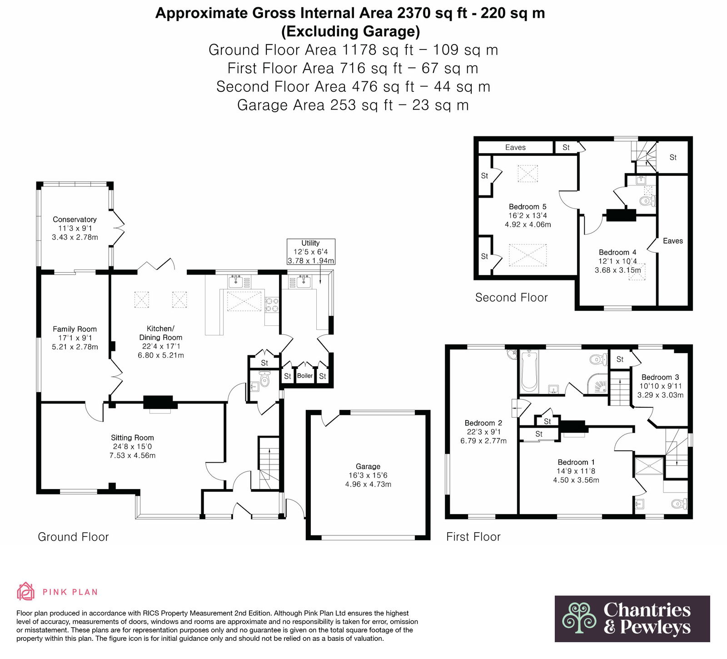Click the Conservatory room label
point(75,220)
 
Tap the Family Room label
point(75,329)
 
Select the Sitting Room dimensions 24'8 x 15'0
point(132,447)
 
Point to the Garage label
point(368,466)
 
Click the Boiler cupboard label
point(305,376)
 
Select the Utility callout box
point(311,252)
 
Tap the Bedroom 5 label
point(528,207)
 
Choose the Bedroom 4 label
point(617,252)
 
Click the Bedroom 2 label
point(483,423)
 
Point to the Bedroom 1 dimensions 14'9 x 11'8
point(576,471)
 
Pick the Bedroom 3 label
point(660,377)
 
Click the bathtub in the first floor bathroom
point(529,372)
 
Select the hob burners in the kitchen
point(272,305)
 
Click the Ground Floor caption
point(73,537)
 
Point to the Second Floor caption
point(512,298)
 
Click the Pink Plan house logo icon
point(25,591)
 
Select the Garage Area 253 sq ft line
point(353,105)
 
